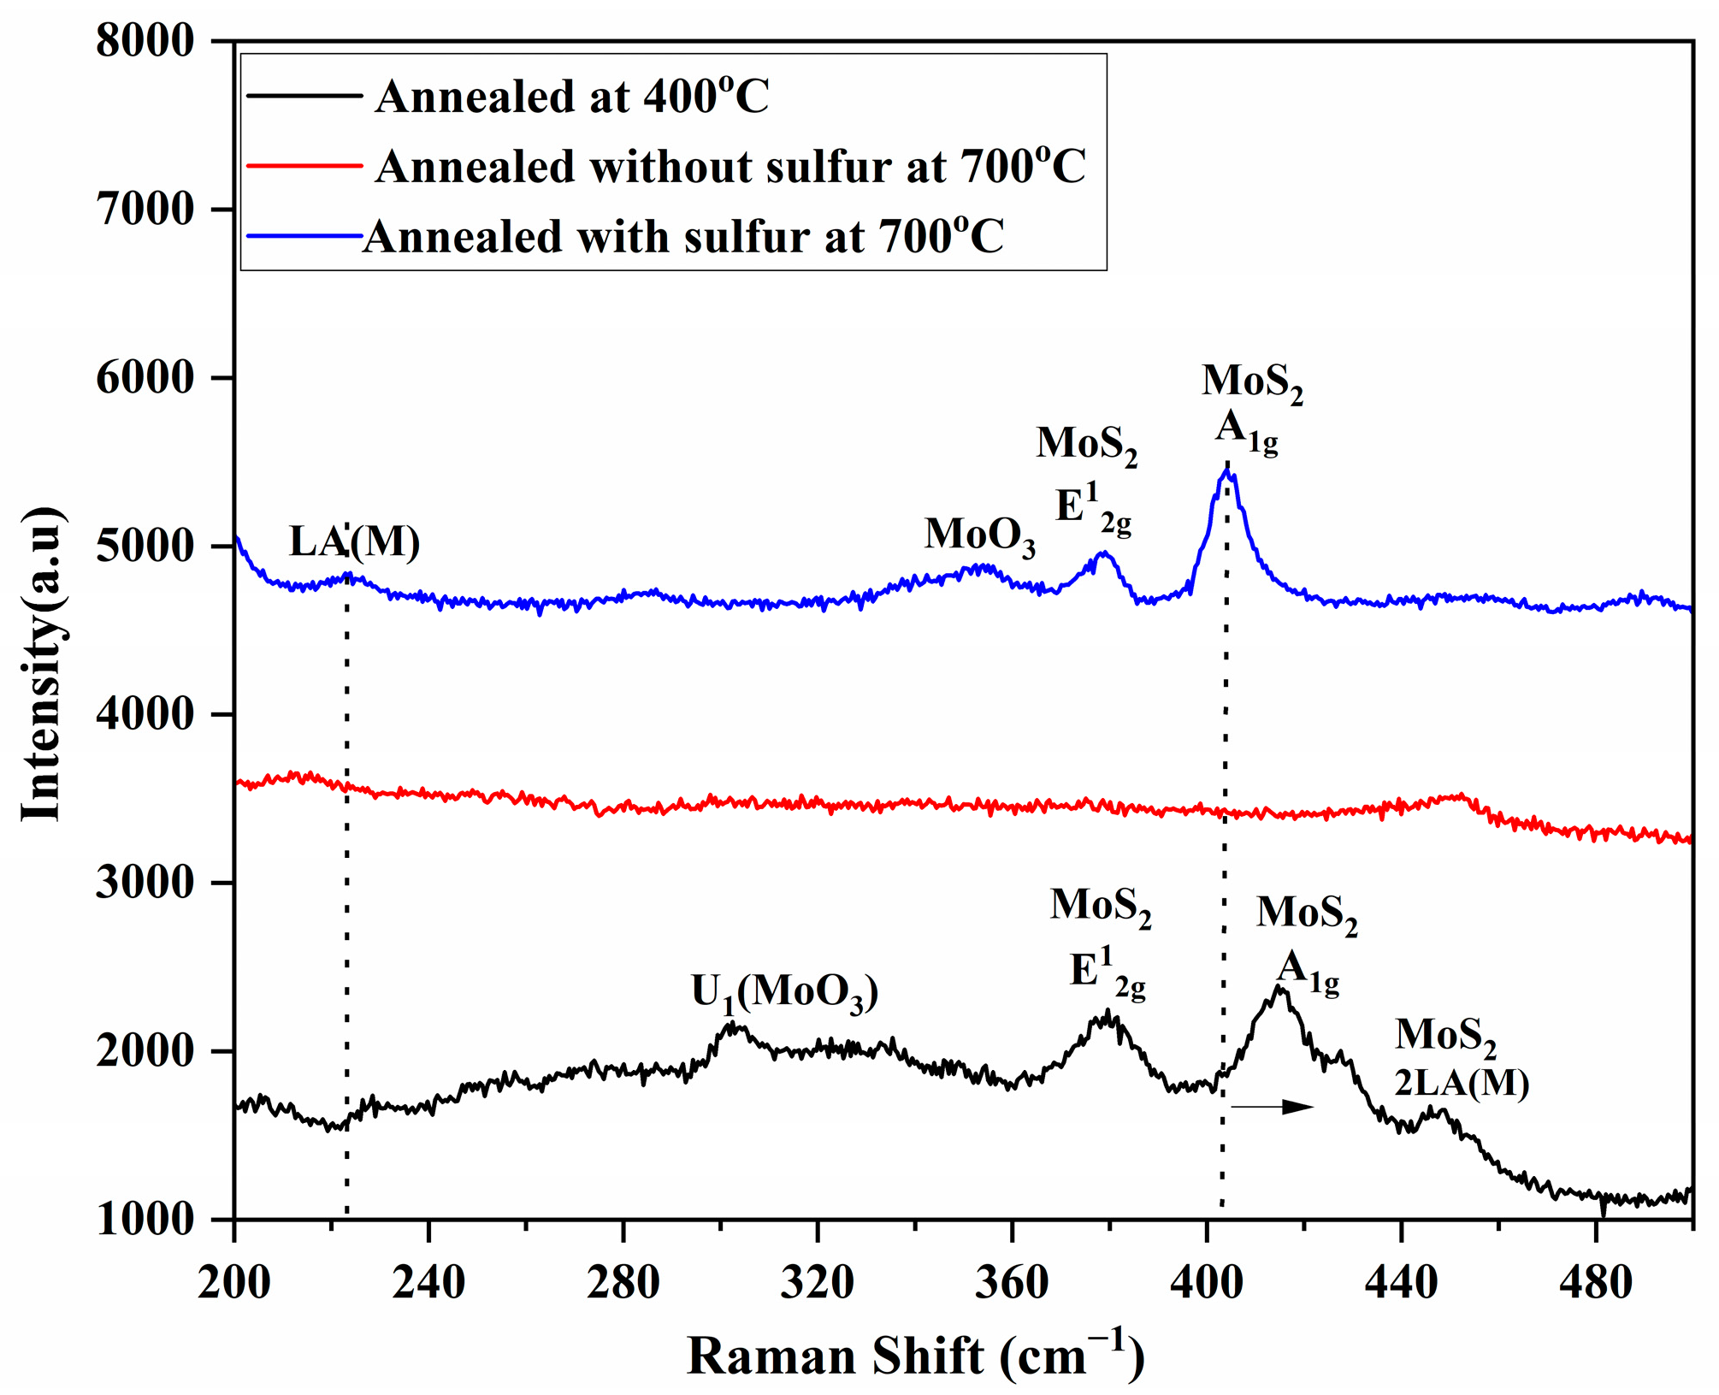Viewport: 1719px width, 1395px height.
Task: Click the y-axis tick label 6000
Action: click(x=145, y=378)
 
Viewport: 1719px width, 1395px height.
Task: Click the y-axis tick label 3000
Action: click(x=145, y=883)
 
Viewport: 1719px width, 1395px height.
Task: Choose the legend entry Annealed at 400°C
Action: click(x=571, y=96)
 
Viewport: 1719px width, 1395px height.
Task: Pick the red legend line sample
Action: click(x=304, y=165)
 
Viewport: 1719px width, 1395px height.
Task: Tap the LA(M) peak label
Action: click(x=354, y=541)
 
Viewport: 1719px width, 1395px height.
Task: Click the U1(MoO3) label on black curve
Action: click(x=784, y=992)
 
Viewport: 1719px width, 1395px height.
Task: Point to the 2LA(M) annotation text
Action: click(x=1462, y=1084)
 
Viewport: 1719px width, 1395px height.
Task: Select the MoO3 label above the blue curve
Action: click(x=979, y=535)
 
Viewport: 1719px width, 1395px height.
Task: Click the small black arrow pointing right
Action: click(x=1272, y=1107)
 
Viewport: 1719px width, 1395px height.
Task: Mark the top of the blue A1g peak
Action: click(x=1227, y=470)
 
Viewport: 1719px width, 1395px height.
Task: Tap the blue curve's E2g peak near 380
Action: click(x=1104, y=553)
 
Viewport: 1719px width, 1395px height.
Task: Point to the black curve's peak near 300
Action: click(x=732, y=1025)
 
